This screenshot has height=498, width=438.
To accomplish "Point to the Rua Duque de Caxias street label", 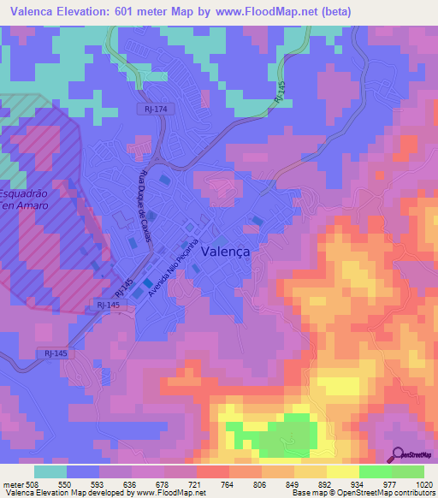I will [x=143, y=206].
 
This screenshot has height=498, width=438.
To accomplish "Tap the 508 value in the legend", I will [x=32, y=483].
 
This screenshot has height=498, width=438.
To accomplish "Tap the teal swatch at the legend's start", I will [x=50, y=471].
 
